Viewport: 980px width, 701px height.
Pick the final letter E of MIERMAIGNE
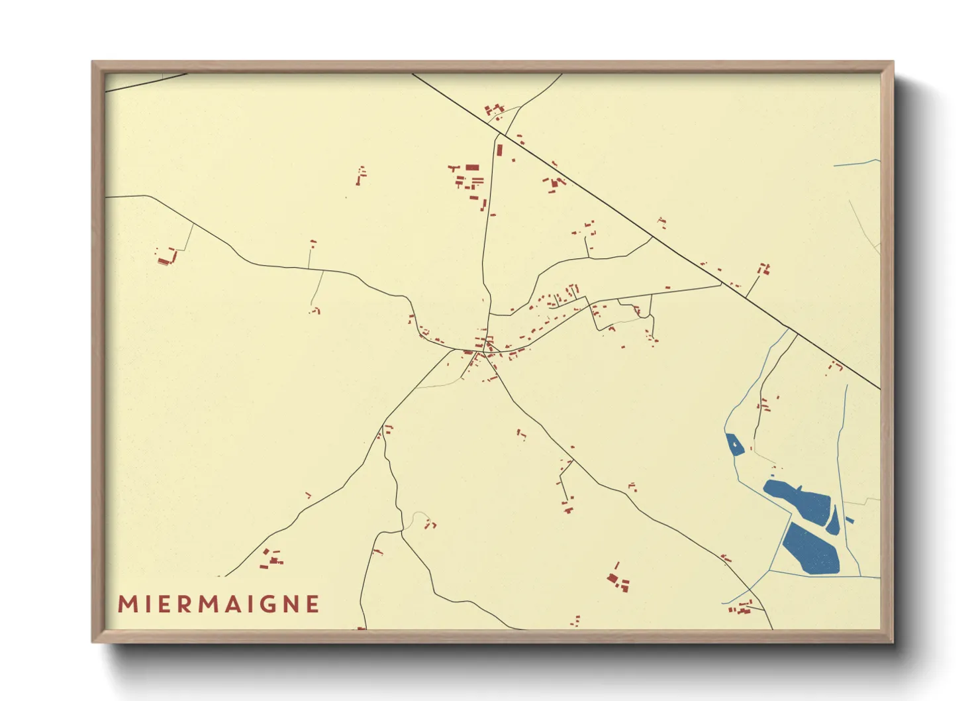[x=313, y=604]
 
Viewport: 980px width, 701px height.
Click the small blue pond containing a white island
[x=734, y=445]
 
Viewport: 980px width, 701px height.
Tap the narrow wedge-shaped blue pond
[x=834, y=521]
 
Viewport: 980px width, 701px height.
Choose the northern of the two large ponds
[x=798, y=500]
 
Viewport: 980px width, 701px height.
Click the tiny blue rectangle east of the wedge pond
[x=850, y=521]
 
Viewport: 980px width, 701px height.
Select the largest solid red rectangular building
[x=472, y=168]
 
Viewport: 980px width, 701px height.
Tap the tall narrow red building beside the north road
[x=500, y=150]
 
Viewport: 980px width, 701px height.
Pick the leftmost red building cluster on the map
[x=166, y=256]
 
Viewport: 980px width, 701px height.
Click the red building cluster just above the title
[x=271, y=558]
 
